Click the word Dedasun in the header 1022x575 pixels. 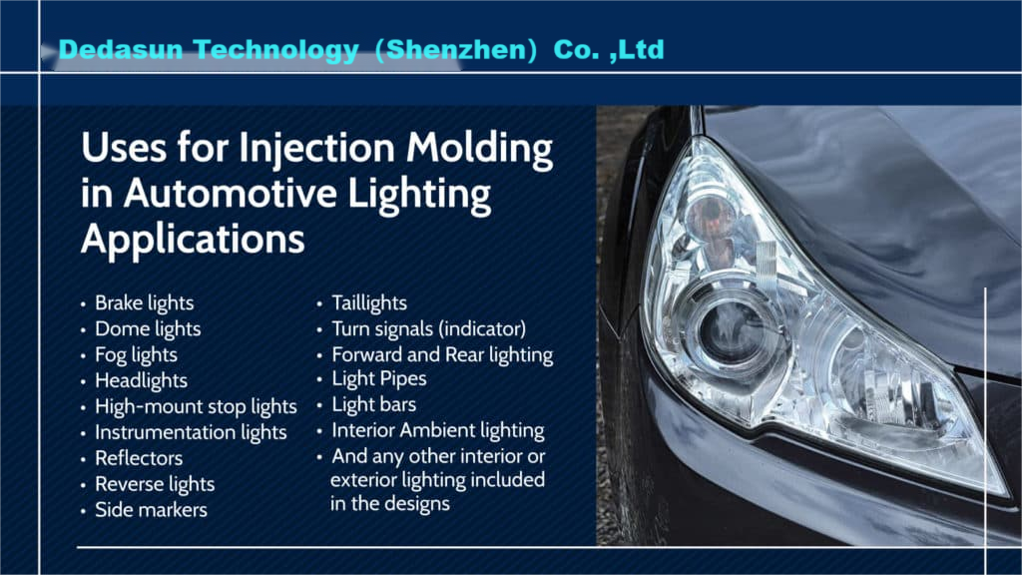click(121, 50)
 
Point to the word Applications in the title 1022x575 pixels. click(193, 240)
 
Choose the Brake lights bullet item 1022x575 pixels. click(144, 303)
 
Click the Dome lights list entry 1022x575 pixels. click(148, 329)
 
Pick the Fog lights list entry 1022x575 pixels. click(136, 355)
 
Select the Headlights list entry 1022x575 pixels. click(142, 380)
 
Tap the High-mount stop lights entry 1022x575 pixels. click(197, 407)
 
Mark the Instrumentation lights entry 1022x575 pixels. click(191, 432)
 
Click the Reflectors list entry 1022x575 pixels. click(139, 458)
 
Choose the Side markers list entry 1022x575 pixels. click(152, 510)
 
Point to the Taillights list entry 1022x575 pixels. click(369, 303)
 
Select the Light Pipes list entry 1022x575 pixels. click(379, 378)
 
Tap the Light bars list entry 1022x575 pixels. click(374, 405)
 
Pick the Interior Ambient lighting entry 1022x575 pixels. click(438, 431)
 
